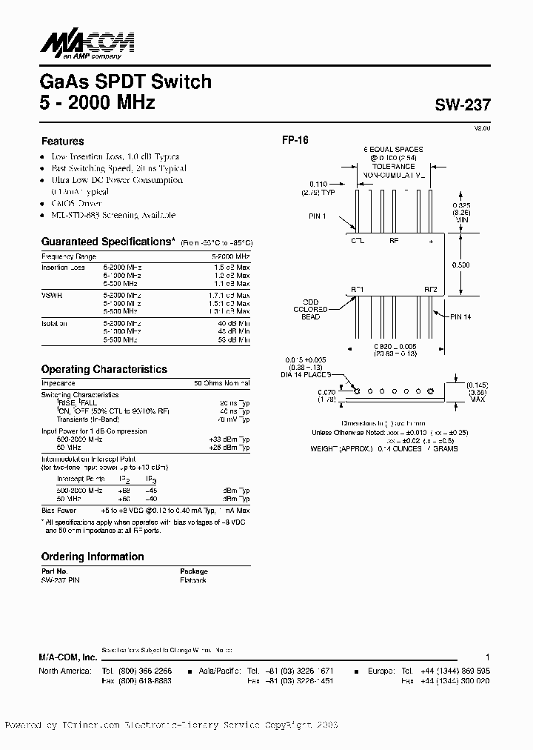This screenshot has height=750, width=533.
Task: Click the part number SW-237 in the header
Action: click(x=463, y=106)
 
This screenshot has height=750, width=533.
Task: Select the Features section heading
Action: click(x=62, y=141)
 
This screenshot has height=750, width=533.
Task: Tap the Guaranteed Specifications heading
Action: click(x=107, y=242)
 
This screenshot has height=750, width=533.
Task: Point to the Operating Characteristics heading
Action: click(x=104, y=369)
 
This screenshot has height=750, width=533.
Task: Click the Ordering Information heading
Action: click(x=93, y=557)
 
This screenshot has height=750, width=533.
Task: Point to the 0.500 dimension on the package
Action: click(x=460, y=265)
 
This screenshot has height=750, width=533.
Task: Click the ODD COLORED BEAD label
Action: click(x=310, y=310)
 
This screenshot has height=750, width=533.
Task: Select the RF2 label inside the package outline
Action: click(x=431, y=289)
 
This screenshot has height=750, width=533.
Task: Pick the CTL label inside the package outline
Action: click(x=357, y=241)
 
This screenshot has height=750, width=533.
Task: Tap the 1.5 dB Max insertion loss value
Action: click(x=232, y=267)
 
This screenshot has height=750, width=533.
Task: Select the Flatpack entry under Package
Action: click(x=193, y=580)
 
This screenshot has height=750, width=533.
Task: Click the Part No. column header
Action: click(x=54, y=571)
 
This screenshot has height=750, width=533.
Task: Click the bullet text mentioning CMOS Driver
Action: click(x=76, y=203)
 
